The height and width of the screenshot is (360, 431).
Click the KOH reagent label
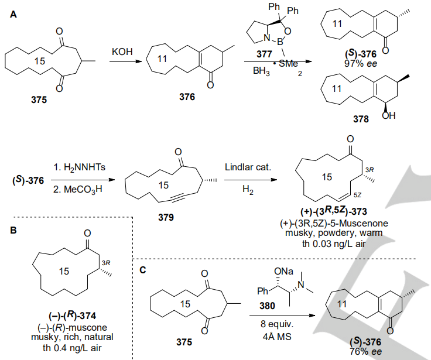point(122,53)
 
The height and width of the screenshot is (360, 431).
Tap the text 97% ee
point(361,61)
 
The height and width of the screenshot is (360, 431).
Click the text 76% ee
point(361,351)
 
